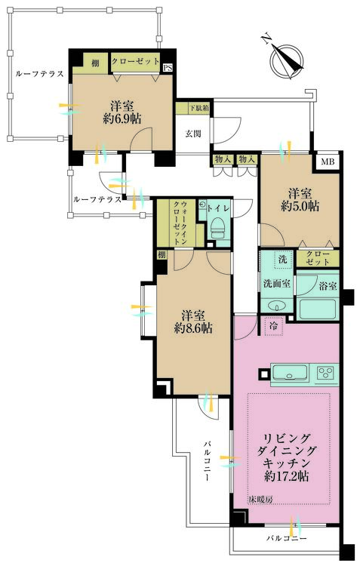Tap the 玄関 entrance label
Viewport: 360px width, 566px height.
193,134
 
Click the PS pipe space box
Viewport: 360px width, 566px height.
168,68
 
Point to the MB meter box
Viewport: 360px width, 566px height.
328,161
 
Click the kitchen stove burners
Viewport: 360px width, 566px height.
327,373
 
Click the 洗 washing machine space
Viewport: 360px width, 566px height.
281,260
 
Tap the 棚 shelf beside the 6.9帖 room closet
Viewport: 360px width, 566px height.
95,63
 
